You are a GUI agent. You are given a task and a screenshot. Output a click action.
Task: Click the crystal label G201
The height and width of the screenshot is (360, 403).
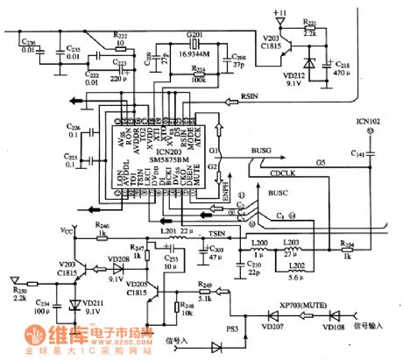pos(194,34)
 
